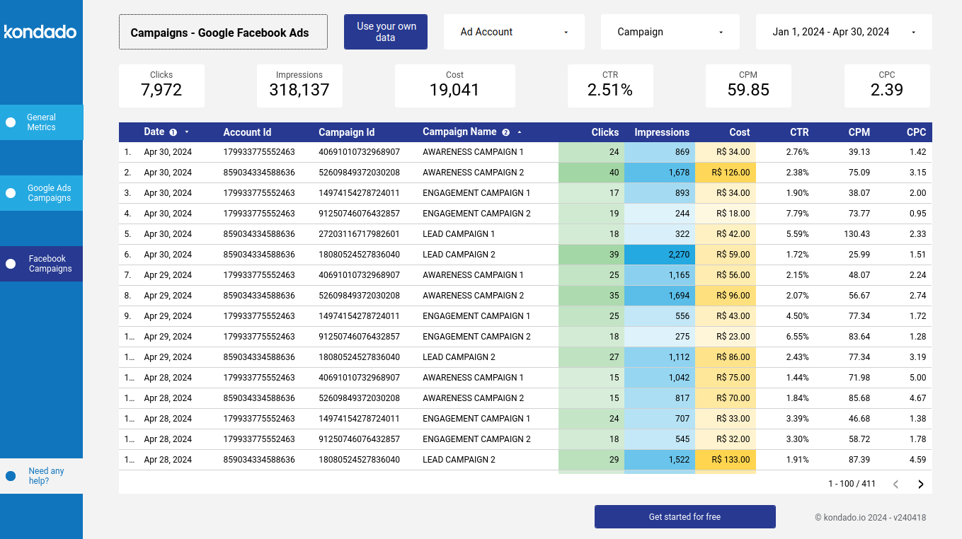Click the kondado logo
(40, 32)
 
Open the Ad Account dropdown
(514, 32)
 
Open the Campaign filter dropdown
(670, 32)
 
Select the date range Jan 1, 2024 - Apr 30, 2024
(843, 32)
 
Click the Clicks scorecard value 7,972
(161, 90)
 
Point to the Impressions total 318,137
(299, 90)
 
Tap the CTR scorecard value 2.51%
(609, 90)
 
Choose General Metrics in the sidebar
(41, 122)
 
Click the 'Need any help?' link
(46, 476)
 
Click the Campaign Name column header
(459, 132)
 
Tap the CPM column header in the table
(859, 132)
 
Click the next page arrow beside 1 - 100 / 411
(921, 485)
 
